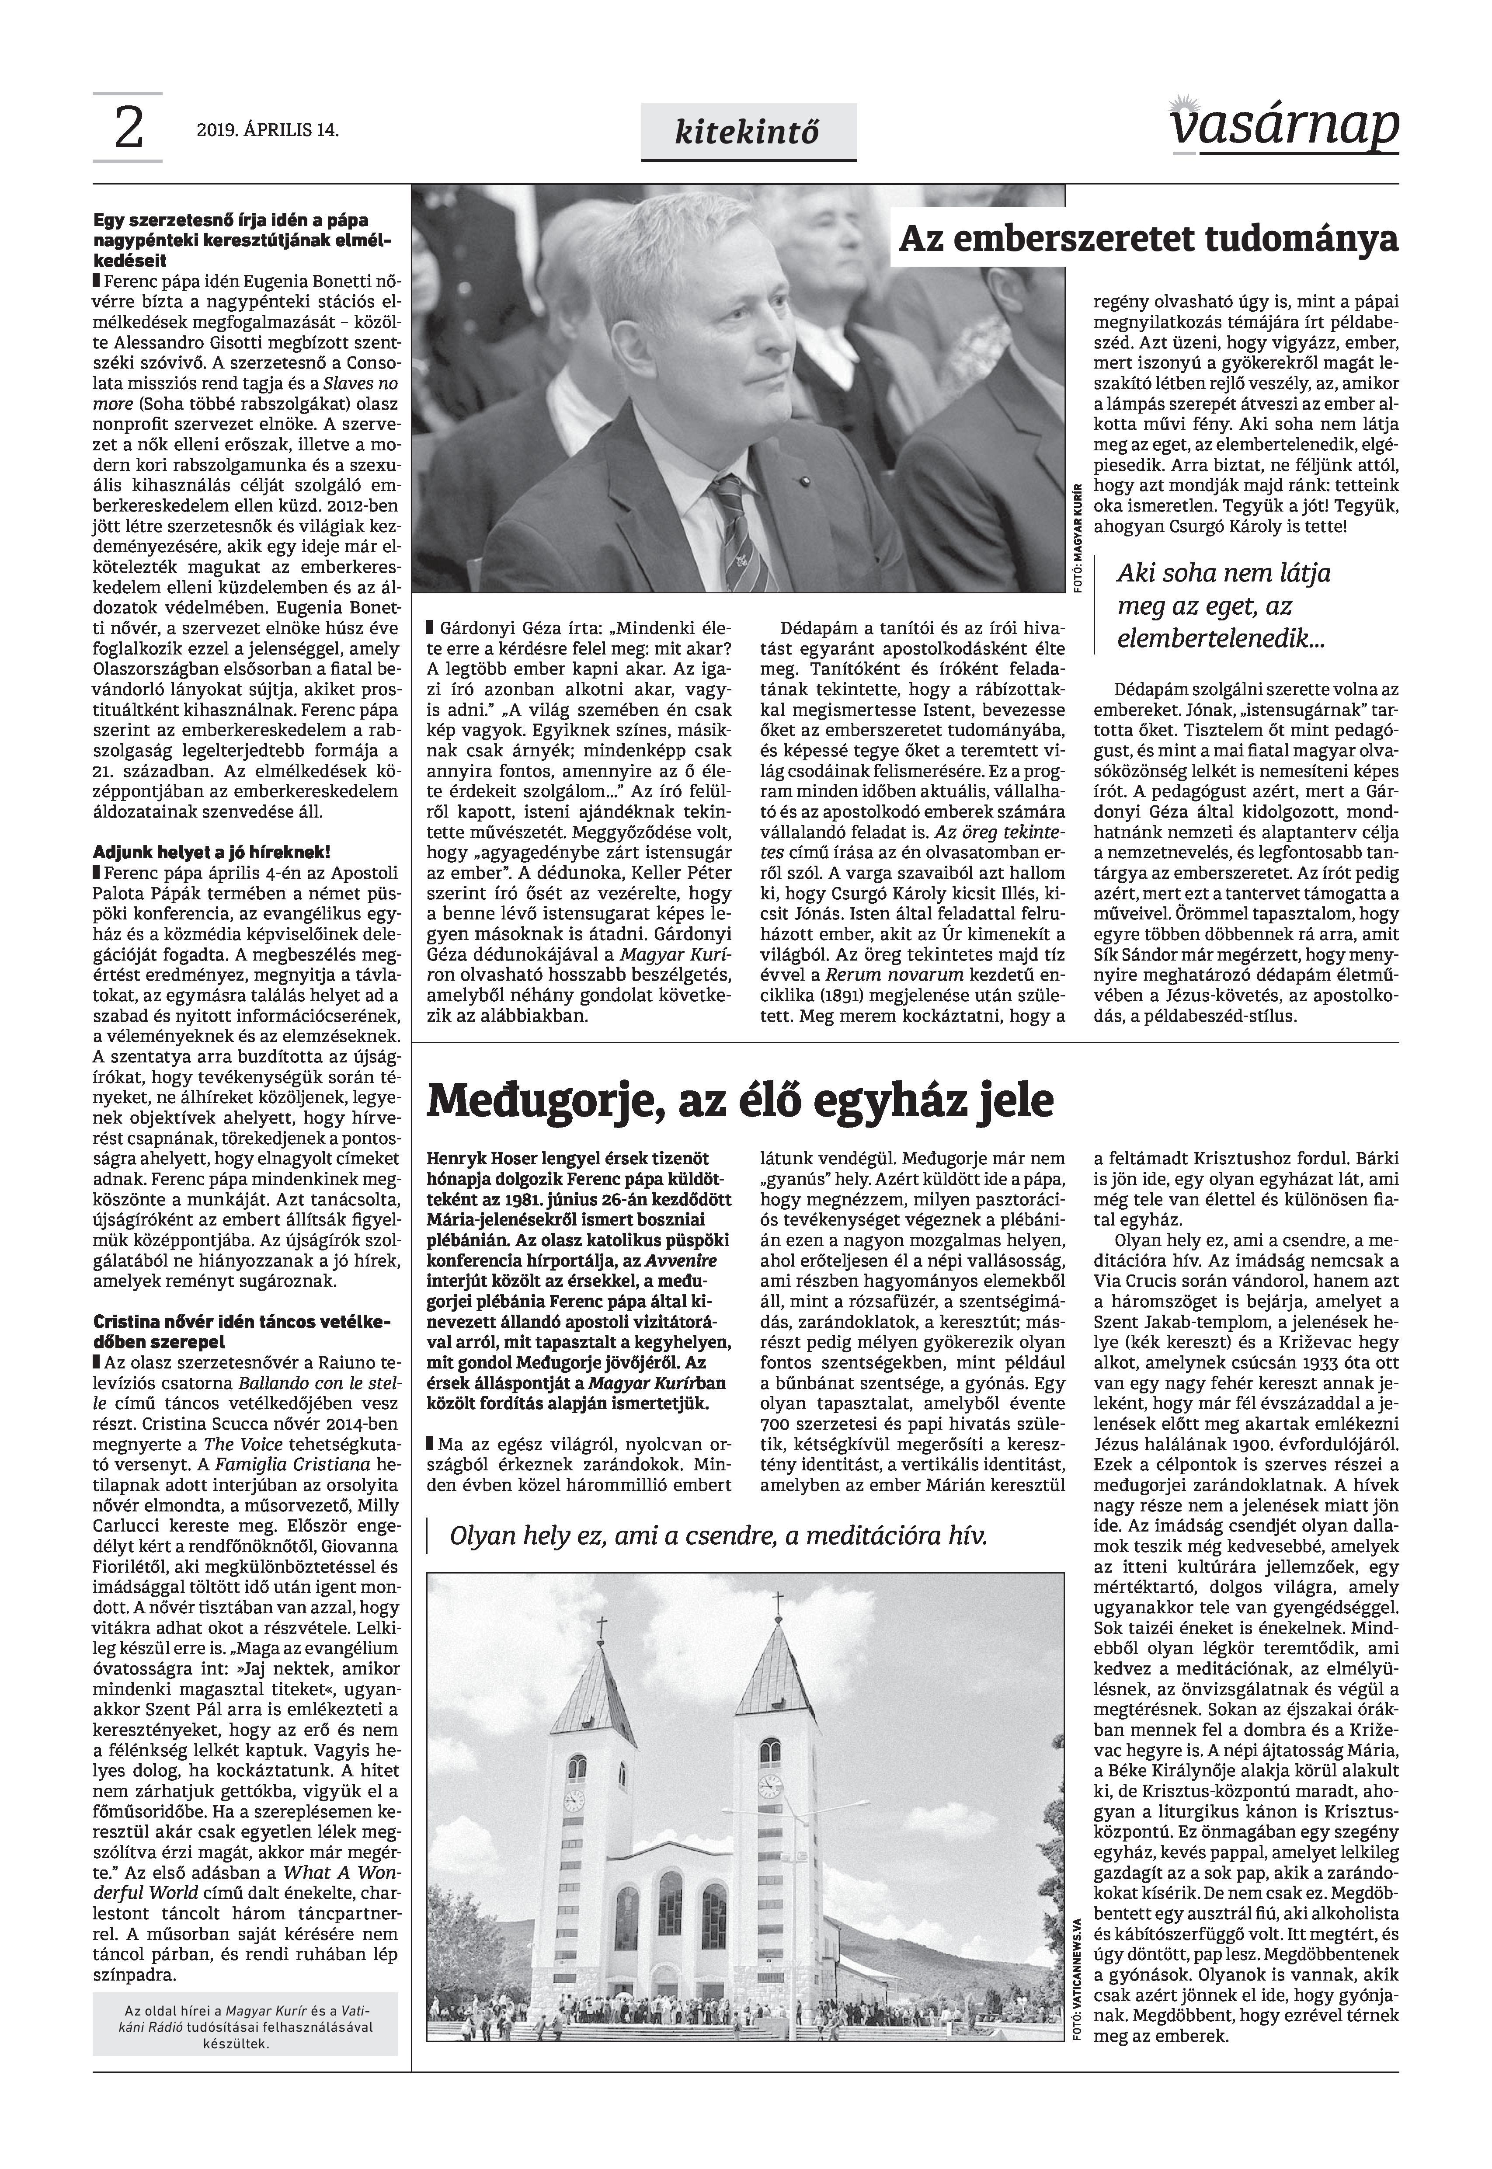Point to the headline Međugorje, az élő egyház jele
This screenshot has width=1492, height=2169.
(x=740, y=1100)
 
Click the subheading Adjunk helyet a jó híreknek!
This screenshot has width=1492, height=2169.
(x=211, y=853)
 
